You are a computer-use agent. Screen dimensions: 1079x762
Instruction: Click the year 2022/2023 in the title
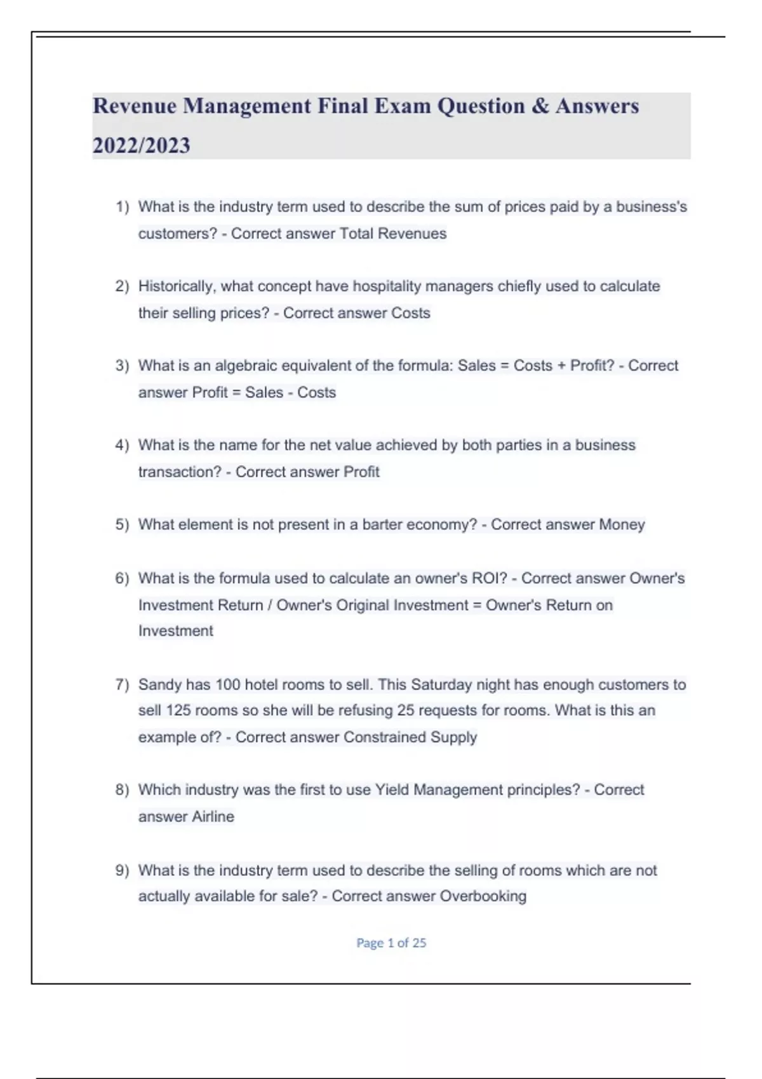(x=141, y=145)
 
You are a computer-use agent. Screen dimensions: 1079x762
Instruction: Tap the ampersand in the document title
(x=540, y=106)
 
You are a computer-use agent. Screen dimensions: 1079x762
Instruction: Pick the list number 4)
(x=122, y=445)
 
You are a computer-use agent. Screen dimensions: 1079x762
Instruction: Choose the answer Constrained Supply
(x=410, y=737)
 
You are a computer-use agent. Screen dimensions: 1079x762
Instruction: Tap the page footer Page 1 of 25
(x=391, y=943)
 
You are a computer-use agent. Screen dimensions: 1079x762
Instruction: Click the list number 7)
(x=122, y=684)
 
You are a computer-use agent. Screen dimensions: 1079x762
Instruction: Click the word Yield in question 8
(x=392, y=790)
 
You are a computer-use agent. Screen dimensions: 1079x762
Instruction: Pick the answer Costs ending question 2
(x=410, y=313)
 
